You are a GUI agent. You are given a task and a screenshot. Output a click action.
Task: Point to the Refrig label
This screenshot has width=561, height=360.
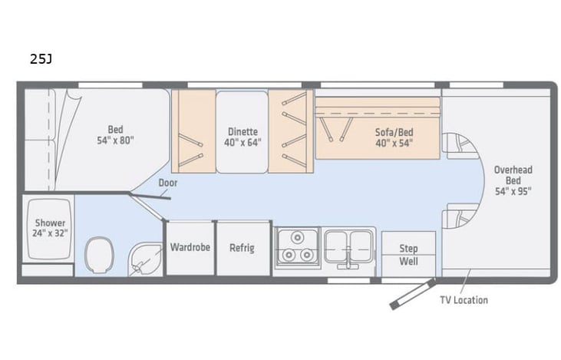click(x=242, y=248)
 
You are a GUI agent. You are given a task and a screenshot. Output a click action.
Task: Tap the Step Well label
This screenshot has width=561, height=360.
click(x=408, y=255)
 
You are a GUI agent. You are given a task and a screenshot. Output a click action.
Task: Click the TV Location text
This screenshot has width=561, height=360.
click(x=463, y=300)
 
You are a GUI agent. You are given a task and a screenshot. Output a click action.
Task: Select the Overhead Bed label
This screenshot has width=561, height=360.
click(x=513, y=179)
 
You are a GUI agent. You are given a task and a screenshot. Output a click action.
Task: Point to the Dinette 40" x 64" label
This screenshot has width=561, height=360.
click(x=243, y=136)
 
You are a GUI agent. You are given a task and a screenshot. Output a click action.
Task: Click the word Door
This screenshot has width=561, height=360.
click(x=167, y=183)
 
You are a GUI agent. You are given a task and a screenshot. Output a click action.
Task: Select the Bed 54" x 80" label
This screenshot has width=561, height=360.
click(x=115, y=134)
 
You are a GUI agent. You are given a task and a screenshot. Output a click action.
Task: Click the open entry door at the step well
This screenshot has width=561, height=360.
click(x=411, y=293)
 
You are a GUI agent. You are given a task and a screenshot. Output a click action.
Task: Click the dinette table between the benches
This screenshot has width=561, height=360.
click(x=243, y=131)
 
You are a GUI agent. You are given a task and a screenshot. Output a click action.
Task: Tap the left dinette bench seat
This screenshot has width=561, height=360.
click(x=192, y=130)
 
